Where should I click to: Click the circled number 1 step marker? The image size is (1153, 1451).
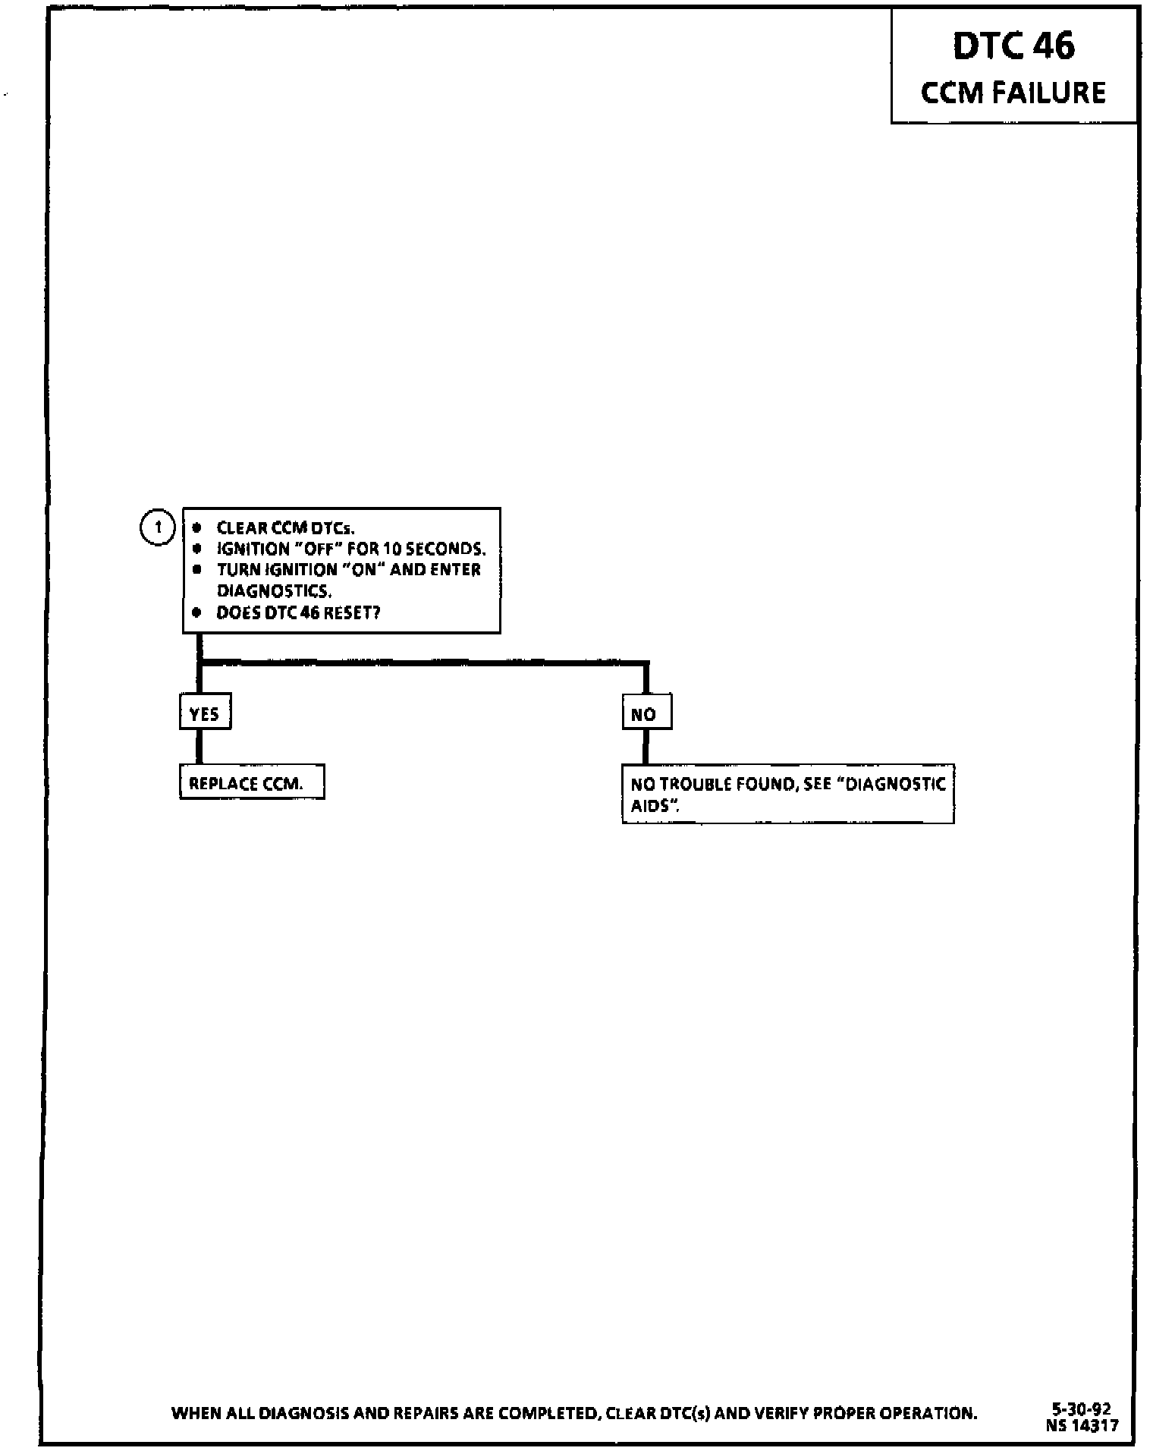click(158, 527)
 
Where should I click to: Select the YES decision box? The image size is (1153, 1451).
click(205, 713)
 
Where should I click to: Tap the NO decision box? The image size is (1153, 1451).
click(646, 713)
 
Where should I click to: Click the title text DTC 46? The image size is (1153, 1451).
click(1013, 46)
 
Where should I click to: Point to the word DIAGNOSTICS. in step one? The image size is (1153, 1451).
click(274, 590)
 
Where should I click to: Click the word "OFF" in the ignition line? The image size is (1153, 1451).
click(319, 549)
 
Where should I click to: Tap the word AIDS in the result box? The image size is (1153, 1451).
click(652, 805)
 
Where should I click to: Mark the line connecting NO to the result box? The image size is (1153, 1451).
click(646, 746)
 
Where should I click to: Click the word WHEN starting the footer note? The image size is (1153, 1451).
click(196, 1413)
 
